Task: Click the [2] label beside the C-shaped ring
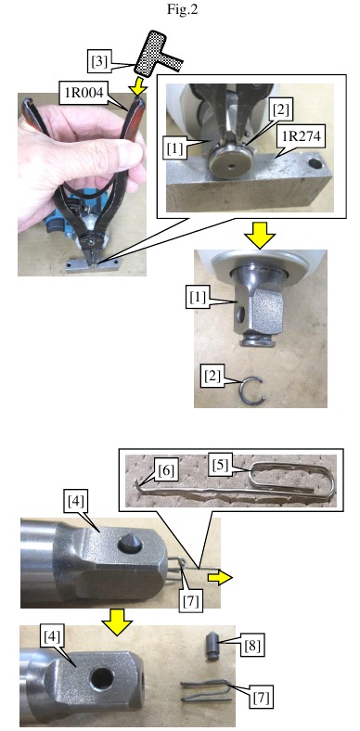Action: click(x=212, y=376)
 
